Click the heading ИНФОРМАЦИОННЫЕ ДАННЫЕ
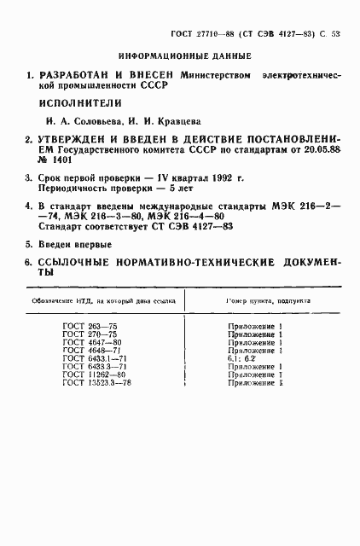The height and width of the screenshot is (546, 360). [178, 56]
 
